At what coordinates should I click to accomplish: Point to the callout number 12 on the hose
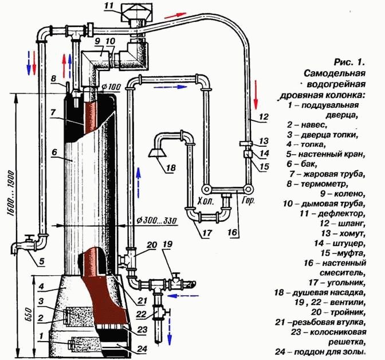264,117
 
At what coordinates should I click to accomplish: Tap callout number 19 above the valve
167,243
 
